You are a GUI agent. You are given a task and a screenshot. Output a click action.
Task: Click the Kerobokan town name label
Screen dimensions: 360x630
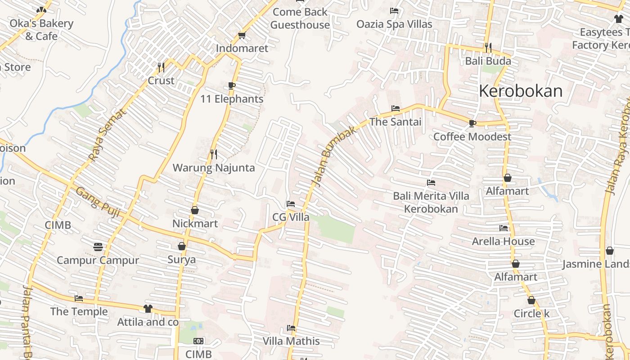(520, 91)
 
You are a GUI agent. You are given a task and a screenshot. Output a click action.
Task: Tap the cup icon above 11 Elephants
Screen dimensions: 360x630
(232, 85)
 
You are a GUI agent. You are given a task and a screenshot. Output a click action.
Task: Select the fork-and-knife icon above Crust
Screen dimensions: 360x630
(161, 67)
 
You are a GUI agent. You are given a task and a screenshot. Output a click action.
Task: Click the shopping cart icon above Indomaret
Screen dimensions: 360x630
(242, 35)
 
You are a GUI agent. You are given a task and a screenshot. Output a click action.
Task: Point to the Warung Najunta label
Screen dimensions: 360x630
(214, 168)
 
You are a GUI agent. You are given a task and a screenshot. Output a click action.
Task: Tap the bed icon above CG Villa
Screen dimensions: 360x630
(291, 204)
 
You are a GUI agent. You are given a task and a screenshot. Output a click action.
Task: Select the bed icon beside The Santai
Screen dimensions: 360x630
(396, 108)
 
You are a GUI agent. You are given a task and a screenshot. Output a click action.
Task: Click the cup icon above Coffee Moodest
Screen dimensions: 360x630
(472, 123)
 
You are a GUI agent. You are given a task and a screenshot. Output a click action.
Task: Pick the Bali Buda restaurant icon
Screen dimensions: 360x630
(488, 47)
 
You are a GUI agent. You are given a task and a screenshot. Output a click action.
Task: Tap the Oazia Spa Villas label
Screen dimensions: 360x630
(394, 24)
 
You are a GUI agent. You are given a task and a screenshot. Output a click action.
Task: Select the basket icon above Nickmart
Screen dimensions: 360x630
(195, 210)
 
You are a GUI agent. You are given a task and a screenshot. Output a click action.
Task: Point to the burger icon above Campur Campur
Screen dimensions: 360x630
(98, 247)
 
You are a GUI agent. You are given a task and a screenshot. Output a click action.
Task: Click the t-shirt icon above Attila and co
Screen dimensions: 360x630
(148, 309)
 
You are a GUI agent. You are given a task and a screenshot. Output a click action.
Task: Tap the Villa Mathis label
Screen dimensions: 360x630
(291, 341)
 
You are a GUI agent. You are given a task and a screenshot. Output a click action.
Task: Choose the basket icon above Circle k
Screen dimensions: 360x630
(531, 300)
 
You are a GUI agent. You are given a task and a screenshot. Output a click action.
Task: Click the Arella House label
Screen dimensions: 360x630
(503, 241)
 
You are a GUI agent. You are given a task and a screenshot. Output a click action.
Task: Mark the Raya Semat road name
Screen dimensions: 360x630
(108, 135)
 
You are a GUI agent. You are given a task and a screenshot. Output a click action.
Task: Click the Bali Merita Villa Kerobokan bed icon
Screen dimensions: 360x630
(431, 183)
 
